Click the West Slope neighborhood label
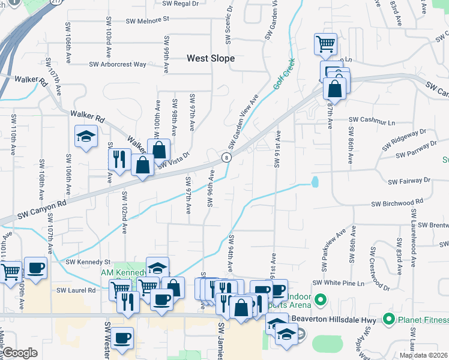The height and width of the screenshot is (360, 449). pos(210,59)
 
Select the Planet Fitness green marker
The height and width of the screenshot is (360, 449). pos(388,319)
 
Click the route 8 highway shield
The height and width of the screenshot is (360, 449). pos(226,157)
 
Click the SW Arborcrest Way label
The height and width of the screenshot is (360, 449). pos(118,64)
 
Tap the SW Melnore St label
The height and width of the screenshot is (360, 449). pos(148,20)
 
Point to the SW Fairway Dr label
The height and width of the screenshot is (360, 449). pos(409,180)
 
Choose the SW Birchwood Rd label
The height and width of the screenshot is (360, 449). pos(397,203)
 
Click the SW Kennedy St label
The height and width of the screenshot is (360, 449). pos(88,262)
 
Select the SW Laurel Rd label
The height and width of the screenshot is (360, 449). pos(76,290)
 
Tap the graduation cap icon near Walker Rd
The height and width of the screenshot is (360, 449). pos(86,136)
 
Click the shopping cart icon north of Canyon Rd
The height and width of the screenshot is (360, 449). pos(325,43)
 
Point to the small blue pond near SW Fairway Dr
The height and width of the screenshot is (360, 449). pos(315,181)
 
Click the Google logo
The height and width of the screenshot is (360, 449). pos(20,353)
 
